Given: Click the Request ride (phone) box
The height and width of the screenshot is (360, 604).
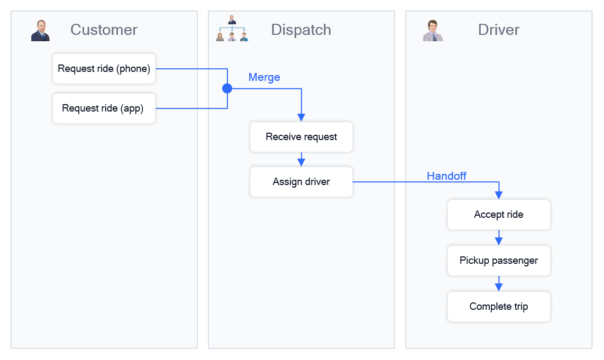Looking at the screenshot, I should coord(104,69).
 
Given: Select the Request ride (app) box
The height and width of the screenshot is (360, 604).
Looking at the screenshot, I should coord(104,108).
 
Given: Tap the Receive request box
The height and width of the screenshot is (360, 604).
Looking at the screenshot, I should coord(301,137).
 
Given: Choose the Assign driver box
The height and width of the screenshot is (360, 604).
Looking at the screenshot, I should coord(301,182).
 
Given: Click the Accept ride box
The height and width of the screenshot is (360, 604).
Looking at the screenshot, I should coord(499,215).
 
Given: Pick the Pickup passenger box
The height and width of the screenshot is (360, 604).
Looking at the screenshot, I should coord(499,261).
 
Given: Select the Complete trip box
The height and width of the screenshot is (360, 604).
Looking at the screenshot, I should coord(499,307).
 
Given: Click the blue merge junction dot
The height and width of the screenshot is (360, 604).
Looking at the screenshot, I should coord(227,88).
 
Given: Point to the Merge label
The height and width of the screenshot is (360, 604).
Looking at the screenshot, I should coord(264,77).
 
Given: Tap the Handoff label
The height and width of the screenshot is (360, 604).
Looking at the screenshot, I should coord(446,176).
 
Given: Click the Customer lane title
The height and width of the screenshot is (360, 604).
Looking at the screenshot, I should coord(104,30).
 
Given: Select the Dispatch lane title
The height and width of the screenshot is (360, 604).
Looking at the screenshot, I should coord(301,30).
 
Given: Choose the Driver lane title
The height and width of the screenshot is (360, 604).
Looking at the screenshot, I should coord(499,30).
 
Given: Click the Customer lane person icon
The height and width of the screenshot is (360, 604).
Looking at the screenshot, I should coord(40,31).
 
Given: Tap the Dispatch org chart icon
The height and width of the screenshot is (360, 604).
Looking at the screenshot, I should coord(232,29).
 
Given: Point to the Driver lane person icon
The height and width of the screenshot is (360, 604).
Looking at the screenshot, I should coord(433,31).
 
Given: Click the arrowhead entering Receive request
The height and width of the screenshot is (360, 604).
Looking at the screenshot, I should coord(301,117).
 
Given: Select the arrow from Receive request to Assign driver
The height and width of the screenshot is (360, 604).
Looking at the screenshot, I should coord(301,160).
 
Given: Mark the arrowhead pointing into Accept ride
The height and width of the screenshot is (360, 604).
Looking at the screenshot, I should coord(499,195).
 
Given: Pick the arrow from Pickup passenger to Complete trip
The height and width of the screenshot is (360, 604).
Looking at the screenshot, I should coord(499,284).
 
